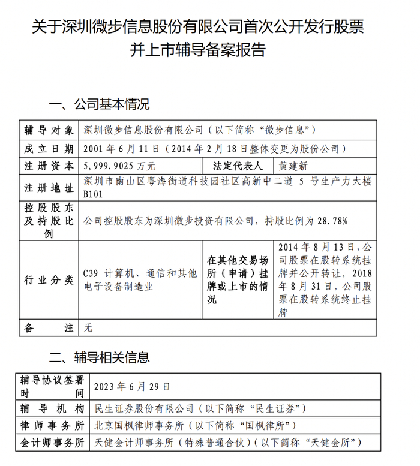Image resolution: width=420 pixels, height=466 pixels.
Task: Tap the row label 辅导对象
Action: pyautogui.click(x=49, y=130)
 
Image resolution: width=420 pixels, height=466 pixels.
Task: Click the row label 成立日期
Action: pyautogui.click(x=49, y=148)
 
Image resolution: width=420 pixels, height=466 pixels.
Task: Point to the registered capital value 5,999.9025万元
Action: pyautogui.click(x=120, y=166)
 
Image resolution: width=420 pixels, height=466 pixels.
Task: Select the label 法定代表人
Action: pyautogui.click(x=238, y=166)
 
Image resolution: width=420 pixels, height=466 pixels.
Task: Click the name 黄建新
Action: pyautogui.click(x=293, y=166)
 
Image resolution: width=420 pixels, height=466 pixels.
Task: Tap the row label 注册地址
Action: pyautogui.click(x=49, y=188)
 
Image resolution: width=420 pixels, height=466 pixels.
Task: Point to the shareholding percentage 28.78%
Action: pyautogui.click(x=331, y=221)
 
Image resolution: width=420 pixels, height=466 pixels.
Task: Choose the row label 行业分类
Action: pyautogui.click(x=49, y=280)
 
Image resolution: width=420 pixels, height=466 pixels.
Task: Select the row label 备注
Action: pyautogui.click(x=49, y=328)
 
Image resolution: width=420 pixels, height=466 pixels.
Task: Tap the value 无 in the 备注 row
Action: pyautogui.click(x=88, y=328)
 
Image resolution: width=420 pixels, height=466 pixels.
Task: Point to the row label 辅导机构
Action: pyautogui.click(x=52, y=408)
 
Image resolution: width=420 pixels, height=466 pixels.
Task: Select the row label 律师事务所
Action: pyautogui.click(x=52, y=426)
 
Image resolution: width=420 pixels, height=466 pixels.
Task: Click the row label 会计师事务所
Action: pyautogui.click(x=52, y=443)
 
